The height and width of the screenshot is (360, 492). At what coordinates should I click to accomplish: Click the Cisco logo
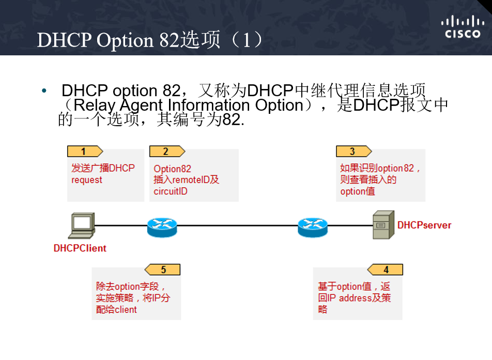coord(463,28)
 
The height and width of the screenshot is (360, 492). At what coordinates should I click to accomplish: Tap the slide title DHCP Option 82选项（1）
coord(150,40)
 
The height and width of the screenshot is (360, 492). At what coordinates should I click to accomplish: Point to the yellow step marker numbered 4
coord(385,270)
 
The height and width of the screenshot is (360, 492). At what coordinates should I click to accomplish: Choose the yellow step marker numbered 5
coord(163,270)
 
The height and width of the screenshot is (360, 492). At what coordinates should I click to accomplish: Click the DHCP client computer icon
coord(82,226)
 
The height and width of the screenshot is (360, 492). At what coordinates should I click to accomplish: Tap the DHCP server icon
coord(383,225)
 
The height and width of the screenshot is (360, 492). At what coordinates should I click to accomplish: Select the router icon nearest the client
coord(161,226)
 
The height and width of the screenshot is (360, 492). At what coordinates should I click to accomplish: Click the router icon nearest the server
coord(312,226)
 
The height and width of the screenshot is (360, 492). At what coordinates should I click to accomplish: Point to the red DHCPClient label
coord(80,248)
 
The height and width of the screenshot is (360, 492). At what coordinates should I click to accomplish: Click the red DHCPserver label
coord(424,226)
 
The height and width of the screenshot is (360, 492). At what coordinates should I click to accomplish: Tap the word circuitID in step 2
coord(171,191)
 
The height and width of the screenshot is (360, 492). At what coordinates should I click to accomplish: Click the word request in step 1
coord(87,180)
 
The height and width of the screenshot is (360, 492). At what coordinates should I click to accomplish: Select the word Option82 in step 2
coord(172,169)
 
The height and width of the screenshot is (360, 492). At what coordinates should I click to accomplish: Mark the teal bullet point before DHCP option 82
coord(44,91)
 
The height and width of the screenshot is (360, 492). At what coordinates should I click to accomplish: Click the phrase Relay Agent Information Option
coord(188,106)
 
